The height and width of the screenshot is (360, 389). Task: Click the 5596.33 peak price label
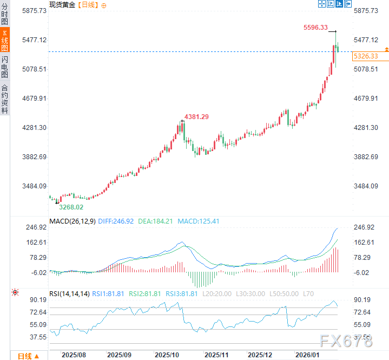pyautogui.click(x=315, y=28)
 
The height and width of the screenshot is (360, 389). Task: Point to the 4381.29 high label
pyautogui.click(x=196, y=117)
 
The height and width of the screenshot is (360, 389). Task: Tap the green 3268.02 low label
pyautogui.click(x=71, y=207)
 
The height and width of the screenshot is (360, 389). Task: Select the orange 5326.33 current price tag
pyautogui.click(x=366, y=56)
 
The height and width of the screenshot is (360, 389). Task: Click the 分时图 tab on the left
pyautogui.click(x=5, y=14)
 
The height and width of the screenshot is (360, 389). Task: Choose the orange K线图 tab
pyautogui.click(x=5, y=41)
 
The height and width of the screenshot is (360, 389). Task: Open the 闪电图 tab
pyautogui.click(x=5, y=67)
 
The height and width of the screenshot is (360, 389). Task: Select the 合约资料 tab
pyautogui.click(x=5, y=99)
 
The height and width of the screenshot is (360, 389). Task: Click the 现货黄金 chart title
pyautogui.click(x=62, y=4)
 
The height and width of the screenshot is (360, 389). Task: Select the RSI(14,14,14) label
pyautogui.click(x=69, y=293)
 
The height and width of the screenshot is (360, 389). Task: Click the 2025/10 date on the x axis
pyautogui.click(x=167, y=355)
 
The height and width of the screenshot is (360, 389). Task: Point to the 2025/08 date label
pyautogui.click(x=74, y=355)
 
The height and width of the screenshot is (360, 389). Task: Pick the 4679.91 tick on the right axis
pyautogui.click(x=365, y=99)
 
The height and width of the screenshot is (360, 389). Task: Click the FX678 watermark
pyautogui.click(x=346, y=341)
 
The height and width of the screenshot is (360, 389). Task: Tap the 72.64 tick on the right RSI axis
pyautogui.click(x=362, y=312)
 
